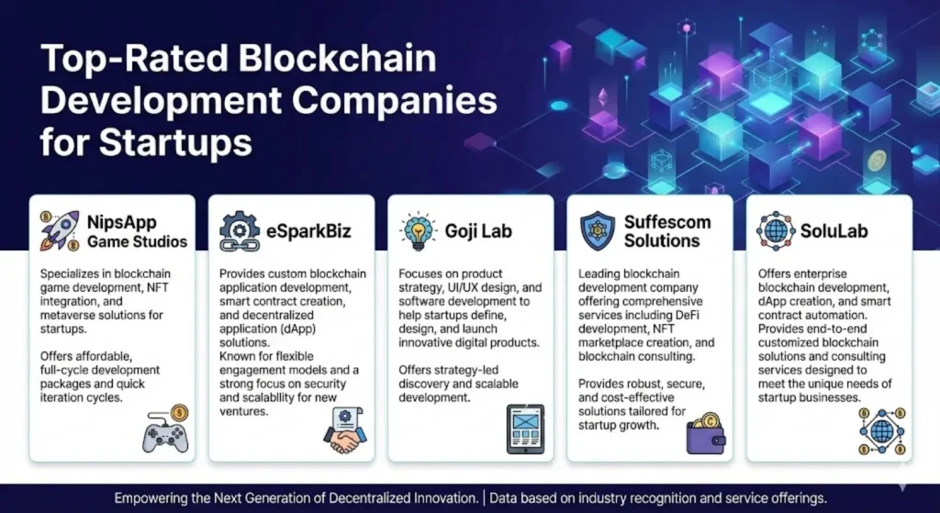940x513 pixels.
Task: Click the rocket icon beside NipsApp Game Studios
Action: pos(60,229)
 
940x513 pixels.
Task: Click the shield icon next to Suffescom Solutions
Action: pos(599,229)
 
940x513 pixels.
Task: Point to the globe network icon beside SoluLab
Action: pos(776,229)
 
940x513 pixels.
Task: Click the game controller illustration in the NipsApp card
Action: pos(164,429)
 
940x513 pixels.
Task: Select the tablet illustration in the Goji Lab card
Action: pos(525,429)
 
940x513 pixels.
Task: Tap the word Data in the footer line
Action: pos(508,498)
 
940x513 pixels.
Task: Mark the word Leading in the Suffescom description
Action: pos(603,273)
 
